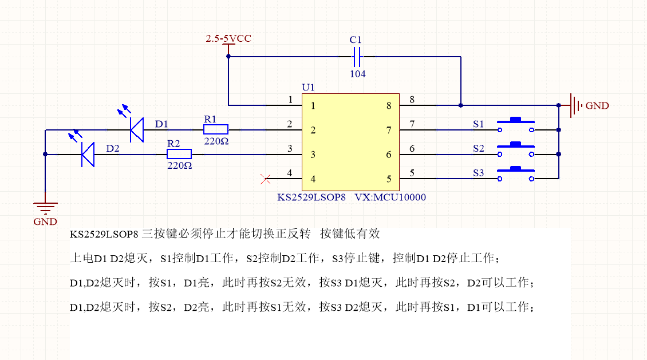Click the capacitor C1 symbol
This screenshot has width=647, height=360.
356,57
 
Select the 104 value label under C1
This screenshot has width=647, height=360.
358,74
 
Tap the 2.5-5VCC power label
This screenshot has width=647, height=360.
228,39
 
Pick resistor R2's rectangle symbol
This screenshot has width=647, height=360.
179,154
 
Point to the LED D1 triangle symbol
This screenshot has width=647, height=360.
136,129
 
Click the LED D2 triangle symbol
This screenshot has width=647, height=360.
88,154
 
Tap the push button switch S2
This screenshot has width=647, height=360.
516,150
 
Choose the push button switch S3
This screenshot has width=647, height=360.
516,174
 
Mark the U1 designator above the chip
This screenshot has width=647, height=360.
308,87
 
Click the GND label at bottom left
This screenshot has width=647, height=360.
45,221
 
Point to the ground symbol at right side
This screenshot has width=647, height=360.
575,105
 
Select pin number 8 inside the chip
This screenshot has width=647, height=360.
389,106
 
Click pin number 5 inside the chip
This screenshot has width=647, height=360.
389,179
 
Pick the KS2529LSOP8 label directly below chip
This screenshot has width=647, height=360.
311,197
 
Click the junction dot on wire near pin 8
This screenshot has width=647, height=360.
461,105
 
